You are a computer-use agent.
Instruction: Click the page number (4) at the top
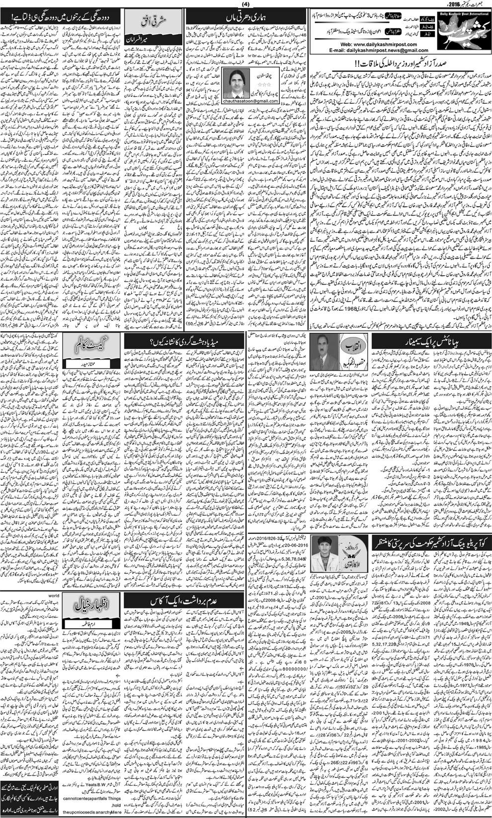coord(246,5)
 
